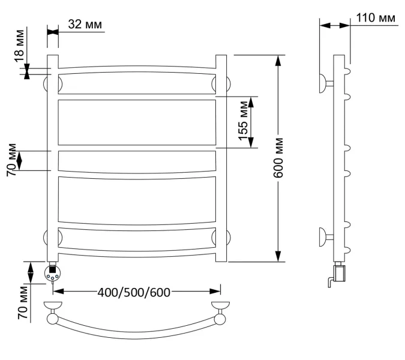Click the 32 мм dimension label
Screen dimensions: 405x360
coord(85,24)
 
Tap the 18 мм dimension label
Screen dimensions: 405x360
coord(20,46)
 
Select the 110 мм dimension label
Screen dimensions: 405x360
coord(376,18)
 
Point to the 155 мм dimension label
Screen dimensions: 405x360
coord(243,121)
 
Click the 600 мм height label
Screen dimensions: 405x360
coord(278,158)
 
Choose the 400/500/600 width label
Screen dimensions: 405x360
coord(134,292)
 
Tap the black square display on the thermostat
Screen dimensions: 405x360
coord(52,270)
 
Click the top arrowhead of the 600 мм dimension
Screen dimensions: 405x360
coord(278,61)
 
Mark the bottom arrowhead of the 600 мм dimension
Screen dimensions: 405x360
coord(278,256)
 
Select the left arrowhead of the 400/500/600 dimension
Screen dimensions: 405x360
coord(59,292)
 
